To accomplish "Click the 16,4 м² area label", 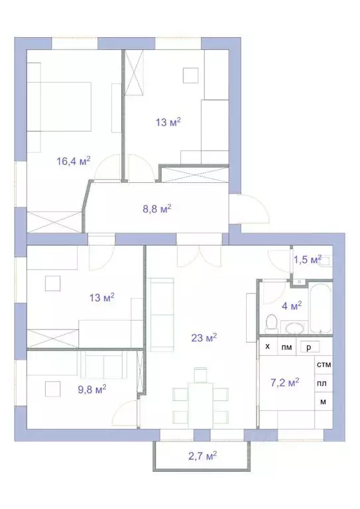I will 74,160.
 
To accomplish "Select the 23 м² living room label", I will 202,338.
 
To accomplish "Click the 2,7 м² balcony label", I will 201,455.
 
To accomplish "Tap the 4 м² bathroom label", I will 292,306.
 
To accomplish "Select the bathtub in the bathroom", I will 320,310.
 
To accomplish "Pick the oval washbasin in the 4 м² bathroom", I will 293,326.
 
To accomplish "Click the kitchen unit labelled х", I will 268,347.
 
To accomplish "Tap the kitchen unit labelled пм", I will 286,347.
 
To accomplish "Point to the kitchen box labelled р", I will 308,347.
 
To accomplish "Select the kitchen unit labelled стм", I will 324,365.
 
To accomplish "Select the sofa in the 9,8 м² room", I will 103,363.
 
